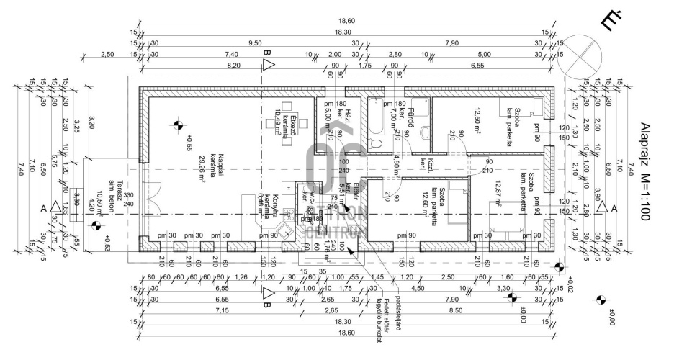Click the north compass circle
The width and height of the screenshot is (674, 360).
tap(583, 56)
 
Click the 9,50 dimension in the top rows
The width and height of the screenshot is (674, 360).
tap(253, 43)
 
